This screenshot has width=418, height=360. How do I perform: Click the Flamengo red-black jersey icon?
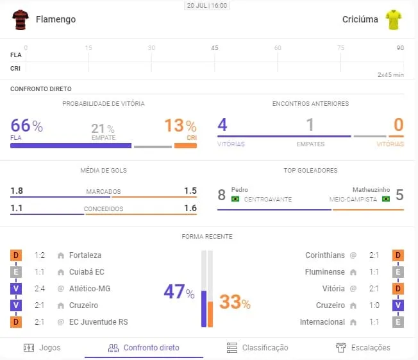pos(21,19)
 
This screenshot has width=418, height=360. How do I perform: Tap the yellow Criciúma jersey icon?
pos(392,19)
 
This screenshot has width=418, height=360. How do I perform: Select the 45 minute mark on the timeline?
pos(215,48)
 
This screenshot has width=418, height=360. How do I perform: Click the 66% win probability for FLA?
pos(26,126)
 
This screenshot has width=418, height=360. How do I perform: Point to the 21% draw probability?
pos(103,128)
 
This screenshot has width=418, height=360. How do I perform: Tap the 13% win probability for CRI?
pos(180,126)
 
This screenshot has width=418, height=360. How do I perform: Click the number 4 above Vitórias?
pos(222,125)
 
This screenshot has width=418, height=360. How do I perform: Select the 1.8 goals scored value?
pos(17,191)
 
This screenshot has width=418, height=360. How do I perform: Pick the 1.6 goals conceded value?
pos(190,208)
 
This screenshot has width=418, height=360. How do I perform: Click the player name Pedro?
pos(240,190)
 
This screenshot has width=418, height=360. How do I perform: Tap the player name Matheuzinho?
pos(372,190)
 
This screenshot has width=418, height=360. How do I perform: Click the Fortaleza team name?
pos(85,255)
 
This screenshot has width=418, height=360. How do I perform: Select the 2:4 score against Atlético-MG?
pos(39,289)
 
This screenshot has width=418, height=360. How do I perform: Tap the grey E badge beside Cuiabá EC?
pos(16,272)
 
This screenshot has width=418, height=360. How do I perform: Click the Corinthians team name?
pos(325,255)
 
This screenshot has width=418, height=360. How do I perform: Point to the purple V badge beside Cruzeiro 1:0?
pos(397,305)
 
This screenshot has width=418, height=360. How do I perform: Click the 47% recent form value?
pos(179,293)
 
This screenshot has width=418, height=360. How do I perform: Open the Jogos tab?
pos(42,348)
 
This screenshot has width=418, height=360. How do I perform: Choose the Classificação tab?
pos(258,348)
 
